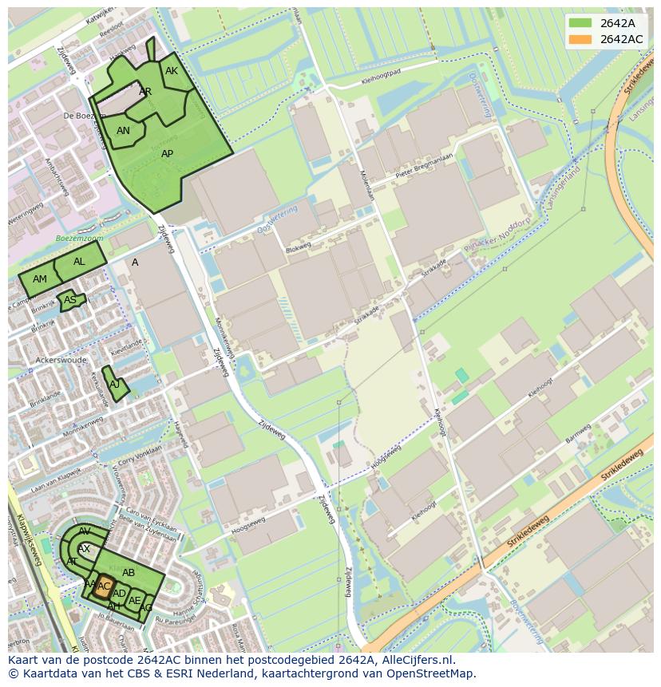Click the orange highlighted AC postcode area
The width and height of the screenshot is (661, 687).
(x=101, y=588)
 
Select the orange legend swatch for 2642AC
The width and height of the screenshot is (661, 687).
(x=580, y=39)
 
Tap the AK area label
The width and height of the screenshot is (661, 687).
(x=171, y=71)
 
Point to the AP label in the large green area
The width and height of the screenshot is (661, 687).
(x=167, y=154)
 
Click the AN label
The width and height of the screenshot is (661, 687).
(x=123, y=131)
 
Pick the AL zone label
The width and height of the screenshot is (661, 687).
(x=79, y=262)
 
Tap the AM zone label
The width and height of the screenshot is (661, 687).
(x=40, y=279)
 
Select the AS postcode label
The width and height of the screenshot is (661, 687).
(x=70, y=301)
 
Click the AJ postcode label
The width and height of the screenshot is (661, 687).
(x=114, y=384)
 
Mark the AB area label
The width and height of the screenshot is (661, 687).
(x=129, y=573)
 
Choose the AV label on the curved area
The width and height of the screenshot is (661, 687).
(x=85, y=531)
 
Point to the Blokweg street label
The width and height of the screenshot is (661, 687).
(x=297, y=247)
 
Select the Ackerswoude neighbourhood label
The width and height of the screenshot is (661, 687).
(x=61, y=360)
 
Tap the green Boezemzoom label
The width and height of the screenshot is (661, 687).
(x=79, y=239)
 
